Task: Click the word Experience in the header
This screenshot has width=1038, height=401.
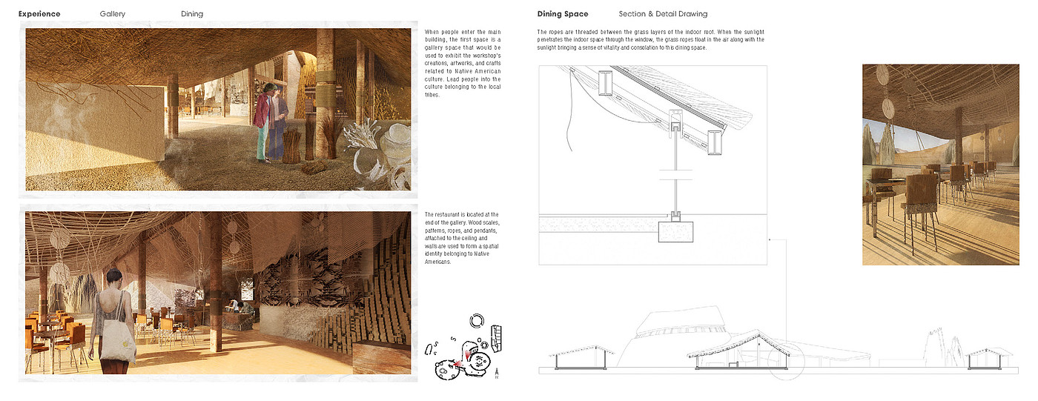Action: click(x=39, y=14)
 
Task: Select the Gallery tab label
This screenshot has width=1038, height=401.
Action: click(x=113, y=14)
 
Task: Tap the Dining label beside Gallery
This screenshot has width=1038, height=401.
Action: click(x=192, y=14)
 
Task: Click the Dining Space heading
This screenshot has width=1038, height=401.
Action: click(x=563, y=14)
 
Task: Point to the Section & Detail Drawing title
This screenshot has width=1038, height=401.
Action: click(x=663, y=14)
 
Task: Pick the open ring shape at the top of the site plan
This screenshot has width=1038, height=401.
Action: click(x=477, y=320)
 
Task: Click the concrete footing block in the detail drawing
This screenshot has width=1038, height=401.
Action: click(x=675, y=231)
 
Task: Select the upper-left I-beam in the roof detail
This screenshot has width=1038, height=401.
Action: click(x=606, y=83)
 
